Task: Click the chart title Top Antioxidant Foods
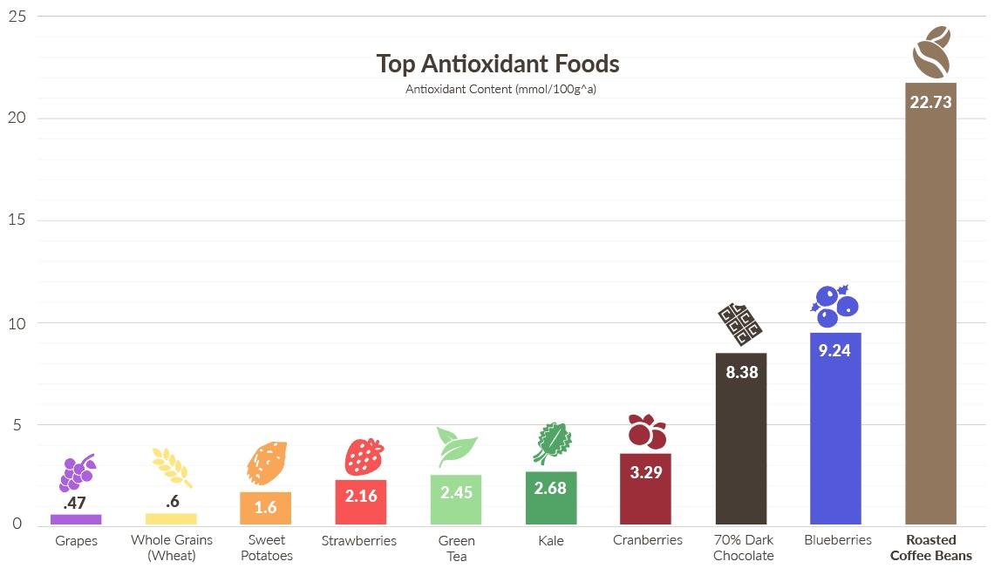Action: click(497, 64)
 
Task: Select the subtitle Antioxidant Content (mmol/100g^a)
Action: click(500, 89)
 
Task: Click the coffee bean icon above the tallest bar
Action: click(930, 51)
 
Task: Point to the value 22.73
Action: click(930, 102)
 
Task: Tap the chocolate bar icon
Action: click(739, 324)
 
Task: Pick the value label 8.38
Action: click(741, 372)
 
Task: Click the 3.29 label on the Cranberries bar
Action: click(646, 473)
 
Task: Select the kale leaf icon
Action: click(551, 443)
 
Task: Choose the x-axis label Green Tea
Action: click(456, 548)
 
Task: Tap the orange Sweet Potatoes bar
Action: click(265, 509)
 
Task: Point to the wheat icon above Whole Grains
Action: click(171, 466)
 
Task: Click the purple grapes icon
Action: click(76, 473)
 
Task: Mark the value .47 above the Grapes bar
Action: click(74, 503)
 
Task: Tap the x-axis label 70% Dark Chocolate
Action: click(743, 547)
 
